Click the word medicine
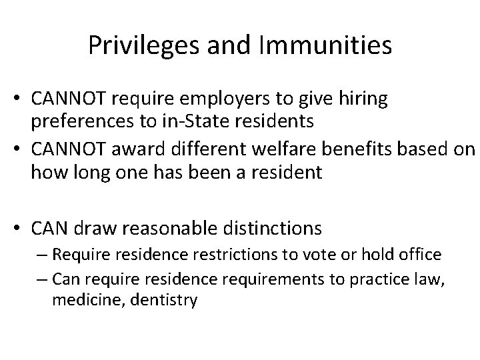(79, 299)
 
